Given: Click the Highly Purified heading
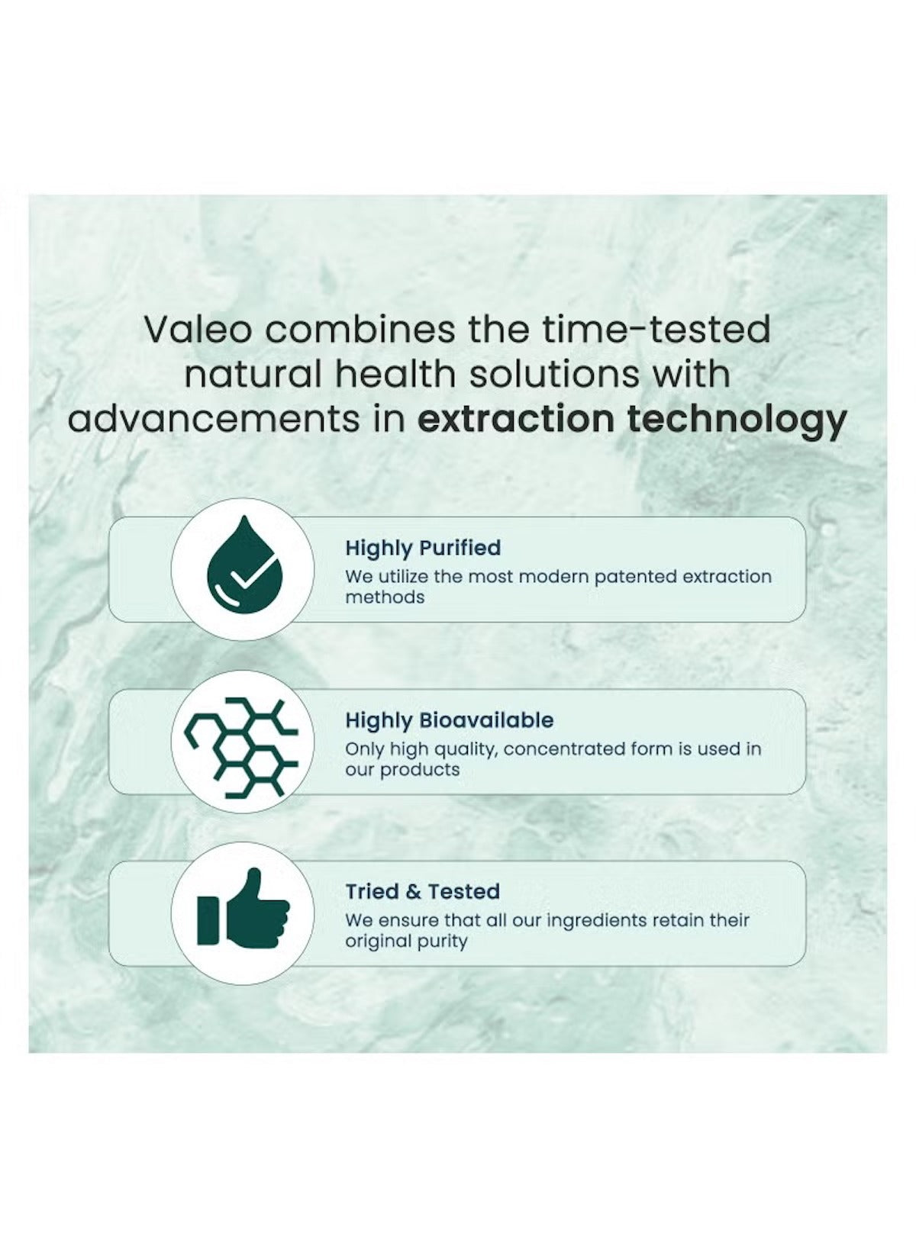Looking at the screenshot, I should coord(423,548).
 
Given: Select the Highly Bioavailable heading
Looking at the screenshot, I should coord(449,720).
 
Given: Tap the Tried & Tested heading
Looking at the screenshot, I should coord(422,891).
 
